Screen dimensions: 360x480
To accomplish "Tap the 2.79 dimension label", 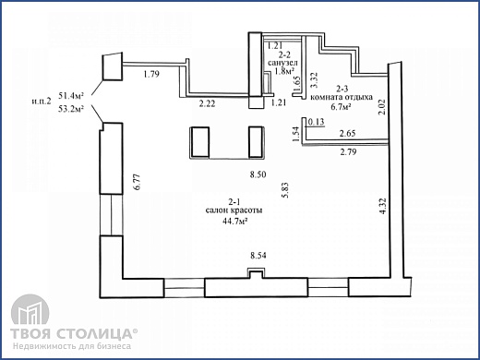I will [x=349, y=150].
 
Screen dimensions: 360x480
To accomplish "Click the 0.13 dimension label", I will [x=317, y=122].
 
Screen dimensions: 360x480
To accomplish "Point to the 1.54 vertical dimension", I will [x=296, y=138].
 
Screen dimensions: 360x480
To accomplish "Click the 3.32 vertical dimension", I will [x=315, y=79].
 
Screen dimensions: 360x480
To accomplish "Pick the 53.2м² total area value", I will [x=71, y=109].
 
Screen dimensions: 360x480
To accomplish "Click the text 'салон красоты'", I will [x=235, y=211].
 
